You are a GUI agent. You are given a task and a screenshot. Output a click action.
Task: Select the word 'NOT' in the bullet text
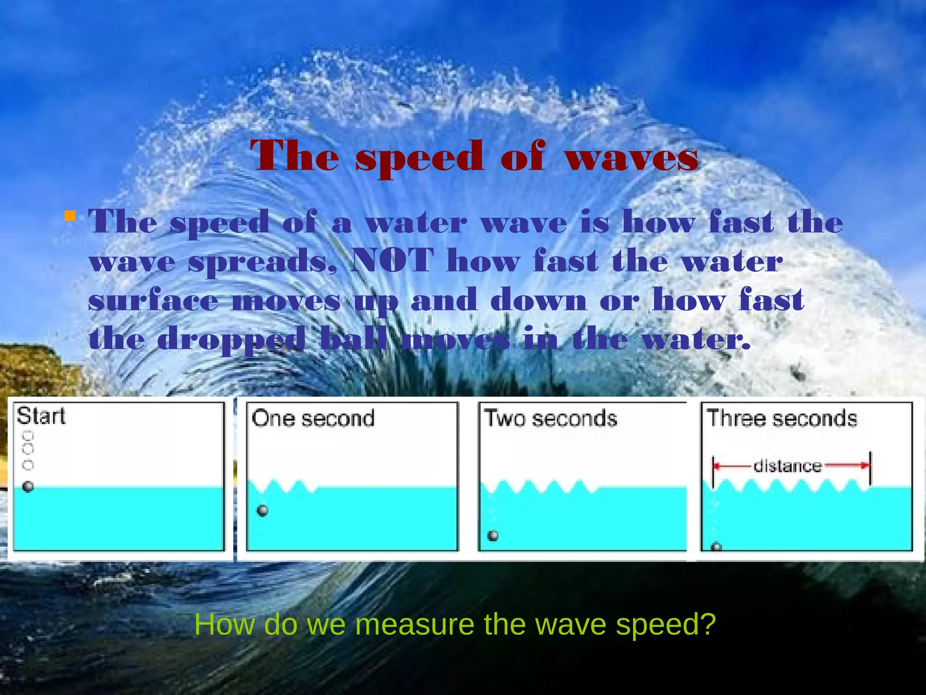[392, 261]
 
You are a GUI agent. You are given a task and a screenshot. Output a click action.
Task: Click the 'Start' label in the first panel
[41, 416]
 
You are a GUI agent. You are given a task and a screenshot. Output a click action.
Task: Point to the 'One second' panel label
[313, 419]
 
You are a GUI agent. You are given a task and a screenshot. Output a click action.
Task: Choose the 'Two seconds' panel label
[550, 419]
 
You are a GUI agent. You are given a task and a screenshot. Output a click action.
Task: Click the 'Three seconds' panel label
[782, 419]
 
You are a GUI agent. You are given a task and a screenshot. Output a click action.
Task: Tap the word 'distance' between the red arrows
[787, 466]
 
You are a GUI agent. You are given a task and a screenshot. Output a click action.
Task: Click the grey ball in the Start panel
[28, 487]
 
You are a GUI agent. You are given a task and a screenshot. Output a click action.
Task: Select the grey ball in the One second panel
[262, 511]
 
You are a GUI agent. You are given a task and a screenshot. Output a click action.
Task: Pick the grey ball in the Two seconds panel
[493, 536]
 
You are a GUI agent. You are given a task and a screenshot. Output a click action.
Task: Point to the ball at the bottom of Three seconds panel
[716, 547]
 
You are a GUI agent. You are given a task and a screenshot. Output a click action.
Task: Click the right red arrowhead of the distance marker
[865, 466]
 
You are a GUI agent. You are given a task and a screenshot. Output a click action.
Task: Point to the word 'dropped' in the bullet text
[231, 340]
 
